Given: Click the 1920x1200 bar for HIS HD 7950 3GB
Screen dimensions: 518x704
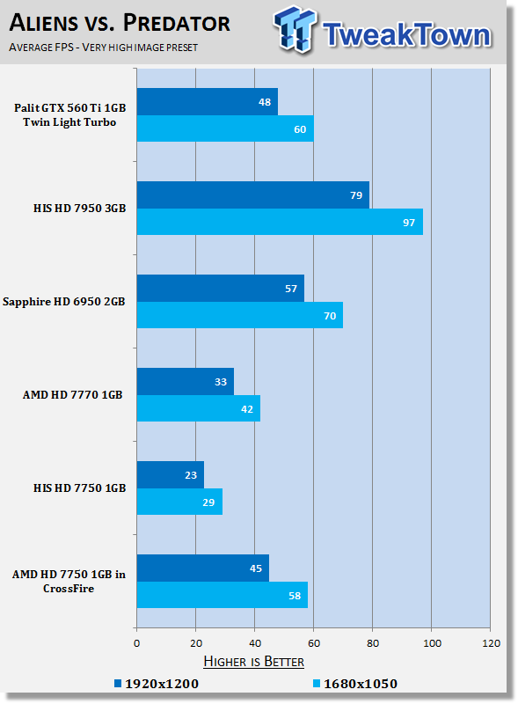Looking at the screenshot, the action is tap(253, 194).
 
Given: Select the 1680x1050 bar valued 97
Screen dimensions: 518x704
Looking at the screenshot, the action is tap(280, 222).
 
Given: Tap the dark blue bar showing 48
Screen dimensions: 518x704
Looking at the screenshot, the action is tap(208, 101).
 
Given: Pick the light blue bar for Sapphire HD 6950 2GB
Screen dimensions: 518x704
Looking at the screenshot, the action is tap(240, 315).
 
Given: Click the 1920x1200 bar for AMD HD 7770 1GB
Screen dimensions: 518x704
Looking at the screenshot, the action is tap(186, 382).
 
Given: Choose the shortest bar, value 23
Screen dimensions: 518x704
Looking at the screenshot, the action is tap(171, 475).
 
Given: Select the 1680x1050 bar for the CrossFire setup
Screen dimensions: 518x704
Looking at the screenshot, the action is tap(223, 595).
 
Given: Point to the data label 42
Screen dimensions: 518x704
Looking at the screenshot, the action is tap(247, 409).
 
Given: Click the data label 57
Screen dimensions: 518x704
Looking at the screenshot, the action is tap(291, 289).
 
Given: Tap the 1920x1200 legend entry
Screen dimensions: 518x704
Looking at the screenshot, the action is tap(157, 684).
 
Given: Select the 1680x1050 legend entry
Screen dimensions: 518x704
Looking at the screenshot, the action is tap(355, 684).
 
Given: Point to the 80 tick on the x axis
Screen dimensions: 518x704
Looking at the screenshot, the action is tap(373, 643).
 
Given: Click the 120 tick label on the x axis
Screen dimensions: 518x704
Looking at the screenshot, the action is tap(491, 643).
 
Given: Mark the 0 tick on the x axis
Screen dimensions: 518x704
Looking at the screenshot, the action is tap(137, 643).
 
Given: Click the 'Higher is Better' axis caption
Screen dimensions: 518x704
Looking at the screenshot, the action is tap(253, 662).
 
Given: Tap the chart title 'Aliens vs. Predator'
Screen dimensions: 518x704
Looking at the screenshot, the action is tap(120, 23).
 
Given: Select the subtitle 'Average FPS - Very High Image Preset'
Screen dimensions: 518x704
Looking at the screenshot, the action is tap(103, 48).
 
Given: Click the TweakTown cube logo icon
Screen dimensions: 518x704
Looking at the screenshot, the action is tap(295, 29).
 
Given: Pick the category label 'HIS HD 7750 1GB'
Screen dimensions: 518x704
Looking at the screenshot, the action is tap(79, 488).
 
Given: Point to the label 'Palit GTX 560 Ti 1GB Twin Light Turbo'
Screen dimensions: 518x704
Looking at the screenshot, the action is tap(69, 115).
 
